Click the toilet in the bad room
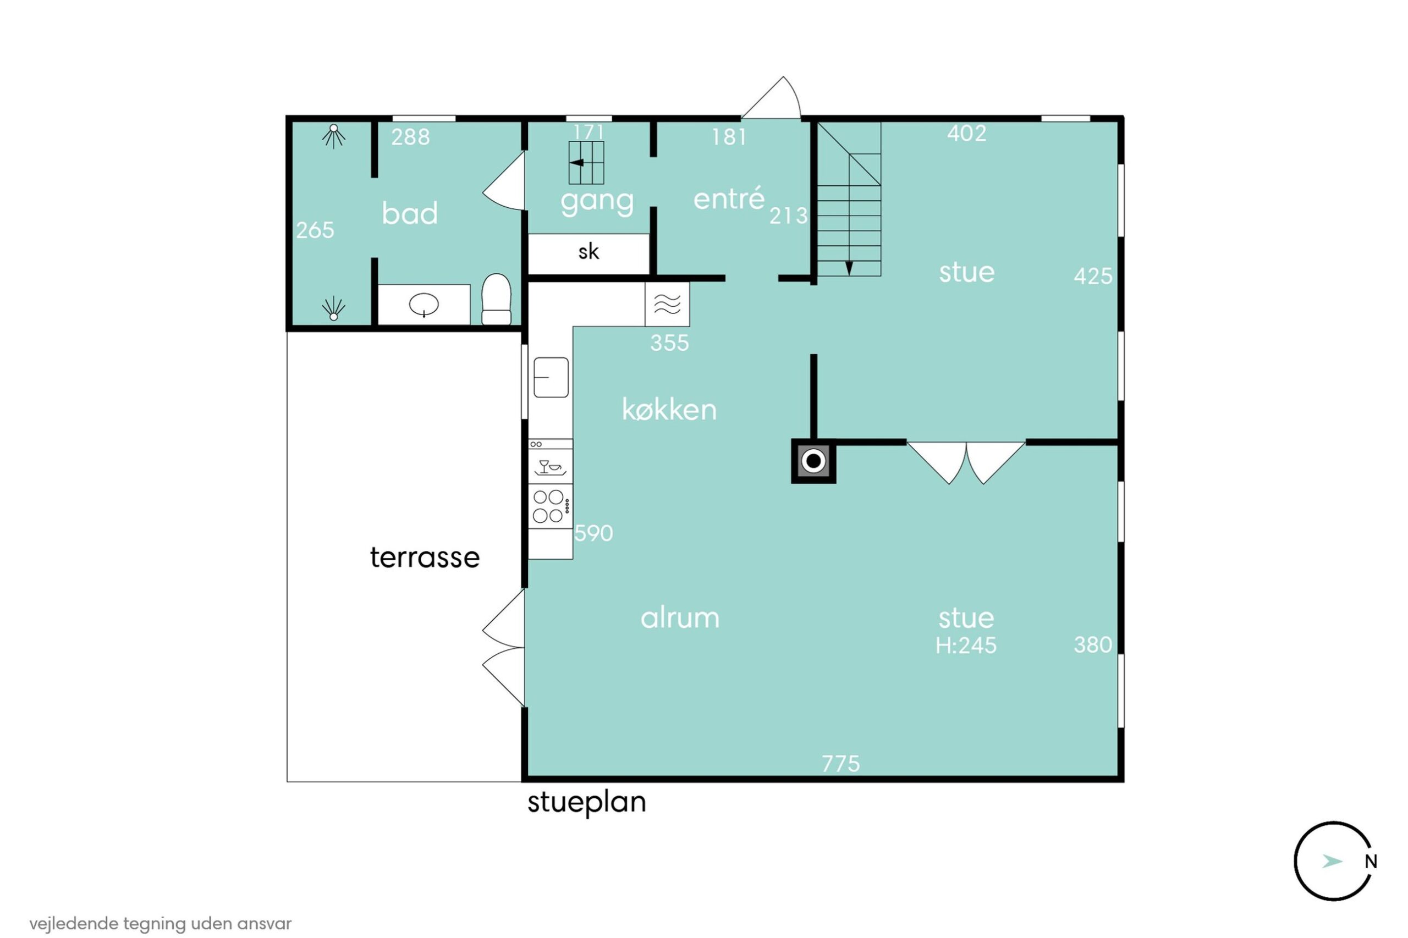tap(496, 299)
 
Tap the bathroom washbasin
tap(424, 305)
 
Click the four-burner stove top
tap(549, 506)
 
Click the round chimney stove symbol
tap(813, 461)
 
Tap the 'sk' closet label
tap(588, 252)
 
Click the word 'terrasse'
tap(425, 558)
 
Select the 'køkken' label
tap(669, 410)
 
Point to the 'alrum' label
tap(680, 618)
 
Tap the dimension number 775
tap(840, 764)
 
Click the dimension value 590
tap(593, 533)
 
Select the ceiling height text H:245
tap(966, 645)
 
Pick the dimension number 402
tap(966, 134)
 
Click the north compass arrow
tap(1332, 862)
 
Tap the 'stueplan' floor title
tap(586, 803)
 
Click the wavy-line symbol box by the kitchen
tap(667, 305)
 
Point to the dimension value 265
tap(315, 230)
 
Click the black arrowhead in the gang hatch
tap(577, 162)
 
